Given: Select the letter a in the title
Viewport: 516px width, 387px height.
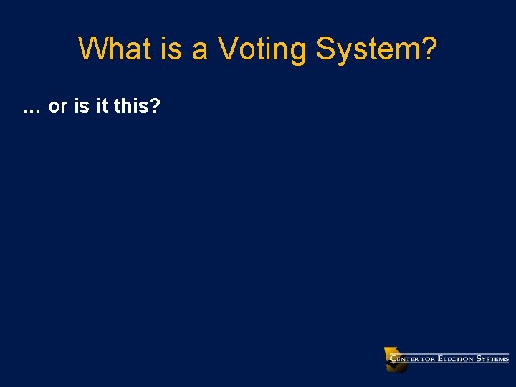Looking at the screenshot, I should (x=201, y=50).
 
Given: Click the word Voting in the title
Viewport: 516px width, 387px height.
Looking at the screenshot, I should (x=262, y=50).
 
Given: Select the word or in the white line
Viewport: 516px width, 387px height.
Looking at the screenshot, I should (x=58, y=107).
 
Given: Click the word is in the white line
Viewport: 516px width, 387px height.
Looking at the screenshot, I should (x=82, y=107).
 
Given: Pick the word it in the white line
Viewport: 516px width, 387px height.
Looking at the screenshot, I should (x=102, y=107).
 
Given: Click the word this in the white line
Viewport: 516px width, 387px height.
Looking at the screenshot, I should (x=130, y=107).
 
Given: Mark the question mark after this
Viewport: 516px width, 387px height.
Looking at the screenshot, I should (x=155, y=107).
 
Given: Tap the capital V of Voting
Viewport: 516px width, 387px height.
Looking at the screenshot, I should (x=228, y=49).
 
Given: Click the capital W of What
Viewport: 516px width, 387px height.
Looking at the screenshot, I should (x=92, y=49).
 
